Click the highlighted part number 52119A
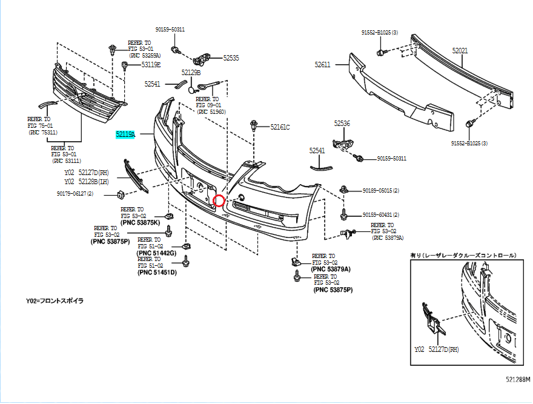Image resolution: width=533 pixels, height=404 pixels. (126, 134)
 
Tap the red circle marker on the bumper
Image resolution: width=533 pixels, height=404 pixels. (220, 200)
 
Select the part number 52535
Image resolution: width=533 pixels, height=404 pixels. (231, 58)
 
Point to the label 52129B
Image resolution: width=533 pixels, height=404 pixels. (191, 72)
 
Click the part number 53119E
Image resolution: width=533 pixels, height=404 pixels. (151, 64)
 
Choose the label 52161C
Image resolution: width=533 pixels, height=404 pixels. (280, 127)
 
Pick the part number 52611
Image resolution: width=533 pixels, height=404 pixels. (322, 64)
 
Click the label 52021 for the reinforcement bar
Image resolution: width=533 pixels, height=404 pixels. (460, 51)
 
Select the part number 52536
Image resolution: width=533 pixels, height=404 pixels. (342, 123)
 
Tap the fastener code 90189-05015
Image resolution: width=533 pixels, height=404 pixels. (381, 190)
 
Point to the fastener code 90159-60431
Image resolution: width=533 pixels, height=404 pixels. (381, 214)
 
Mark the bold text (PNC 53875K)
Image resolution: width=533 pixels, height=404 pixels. (141, 222)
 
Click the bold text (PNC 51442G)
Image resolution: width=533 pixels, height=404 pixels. (157, 253)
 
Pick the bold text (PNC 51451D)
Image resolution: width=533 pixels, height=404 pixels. (157, 272)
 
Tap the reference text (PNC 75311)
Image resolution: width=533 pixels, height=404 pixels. (43, 132)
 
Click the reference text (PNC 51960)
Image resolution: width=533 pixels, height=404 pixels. (211, 112)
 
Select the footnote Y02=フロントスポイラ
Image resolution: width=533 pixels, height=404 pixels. (55, 300)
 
